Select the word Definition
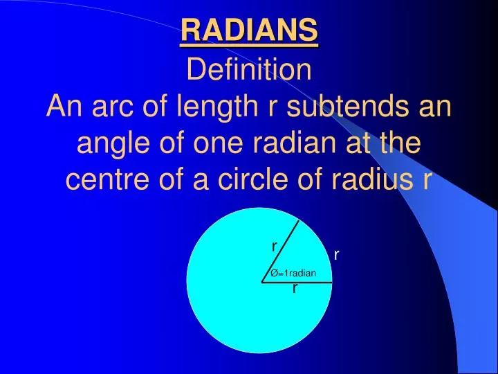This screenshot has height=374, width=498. pos(249,70)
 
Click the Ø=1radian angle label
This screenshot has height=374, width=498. pos(293,273)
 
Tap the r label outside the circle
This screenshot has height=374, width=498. pos(336,255)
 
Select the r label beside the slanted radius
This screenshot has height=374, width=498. pos(274,247)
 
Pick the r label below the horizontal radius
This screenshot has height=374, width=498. pos(295,289)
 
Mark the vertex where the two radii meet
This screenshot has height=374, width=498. pos(263,283)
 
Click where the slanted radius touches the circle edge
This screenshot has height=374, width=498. pos(299,221)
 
